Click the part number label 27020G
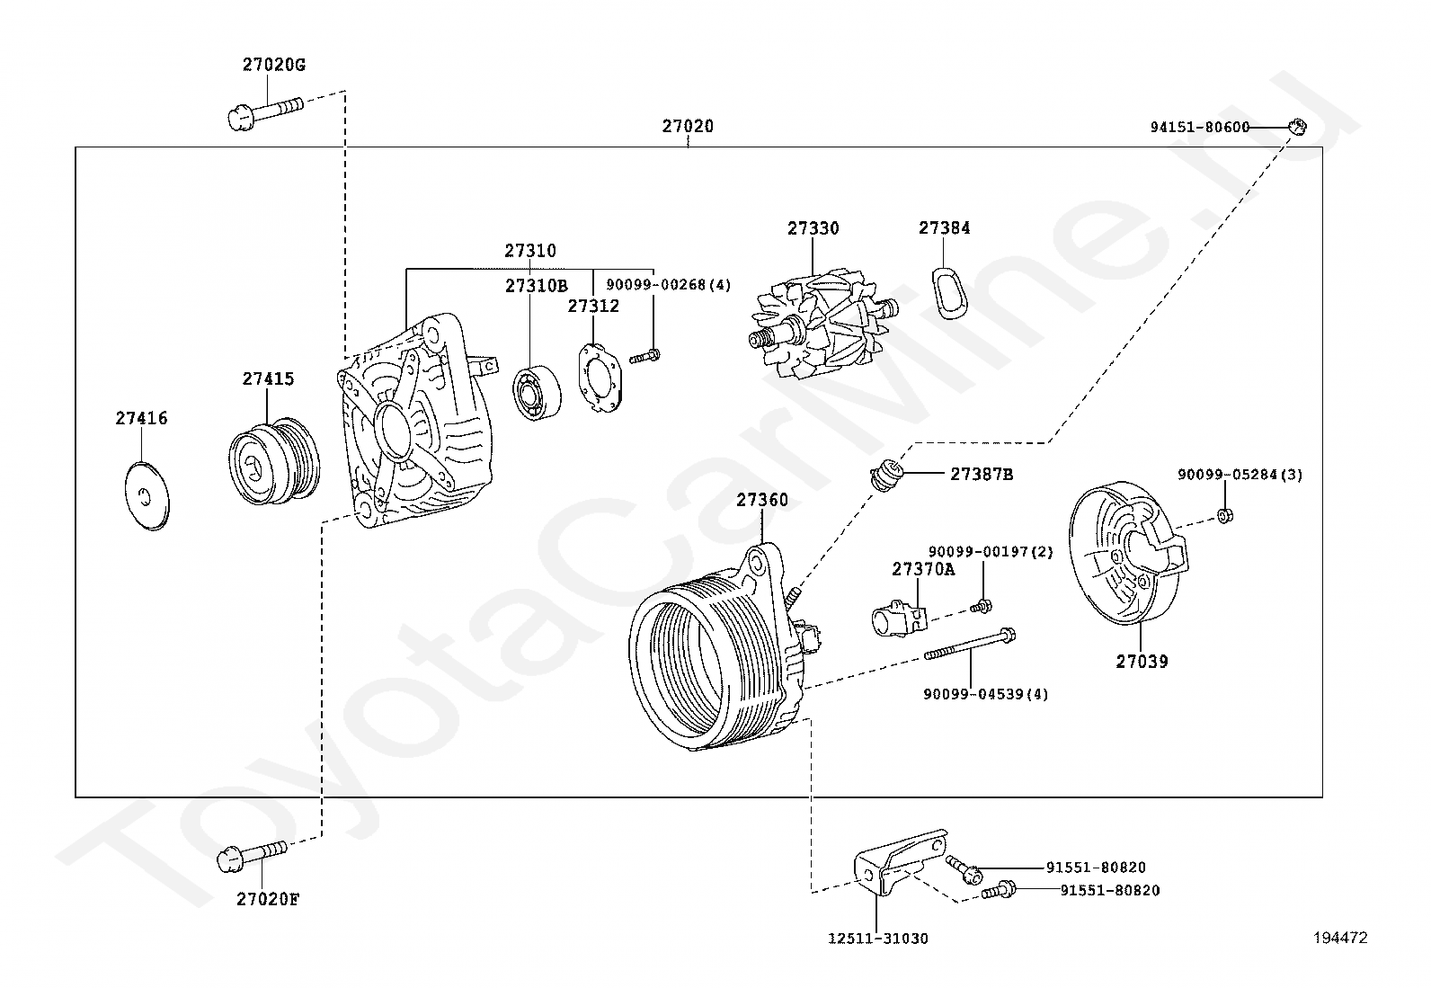point(273,65)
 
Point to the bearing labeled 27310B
point(538,394)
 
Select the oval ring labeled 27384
point(947,292)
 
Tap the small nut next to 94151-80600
point(1296,127)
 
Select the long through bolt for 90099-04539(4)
point(969,645)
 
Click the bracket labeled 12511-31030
point(894,864)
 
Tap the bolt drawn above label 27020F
point(251,855)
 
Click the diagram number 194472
point(1339,938)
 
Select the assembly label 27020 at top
point(688,126)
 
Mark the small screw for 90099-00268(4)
point(644,356)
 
